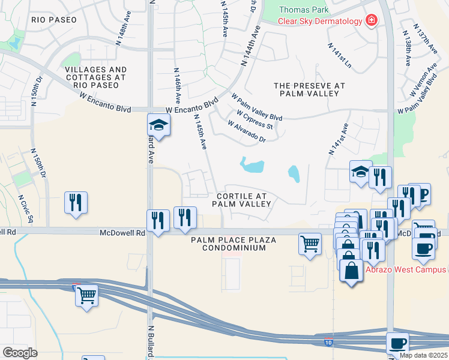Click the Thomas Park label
coord(304,10)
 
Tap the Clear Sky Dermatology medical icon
coord(372,21)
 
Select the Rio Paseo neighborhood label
coord(54,20)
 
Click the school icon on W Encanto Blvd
coord(158,125)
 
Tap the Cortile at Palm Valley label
coord(241,200)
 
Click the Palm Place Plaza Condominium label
coord(234,244)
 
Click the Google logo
coord(20,353)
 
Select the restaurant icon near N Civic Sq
coord(76,202)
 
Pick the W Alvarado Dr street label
coord(246,131)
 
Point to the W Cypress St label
coord(255,120)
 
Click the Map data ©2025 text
coord(423,355)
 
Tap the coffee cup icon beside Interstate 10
coord(397,343)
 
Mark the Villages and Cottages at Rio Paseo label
coord(96,77)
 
